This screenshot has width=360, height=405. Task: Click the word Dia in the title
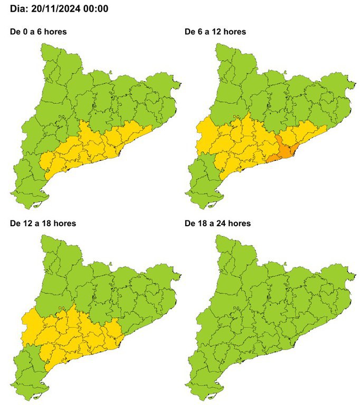click(x=20, y=9)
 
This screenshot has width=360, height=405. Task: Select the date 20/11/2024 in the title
click(x=58, y=9)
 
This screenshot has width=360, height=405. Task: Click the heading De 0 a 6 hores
click(x=39, y=32)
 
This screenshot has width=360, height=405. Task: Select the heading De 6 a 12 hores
click(x=215, y=32)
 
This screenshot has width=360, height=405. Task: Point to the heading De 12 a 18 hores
click(x=43, y=223)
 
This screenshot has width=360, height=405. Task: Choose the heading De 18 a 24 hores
click(x=217, y=223)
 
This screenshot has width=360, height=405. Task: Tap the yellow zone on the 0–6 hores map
click(x=95, y=145)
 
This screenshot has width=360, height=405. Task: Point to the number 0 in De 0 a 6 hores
click(x=24, y=32)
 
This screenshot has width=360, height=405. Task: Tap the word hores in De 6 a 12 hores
click(x=235, y=32)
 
